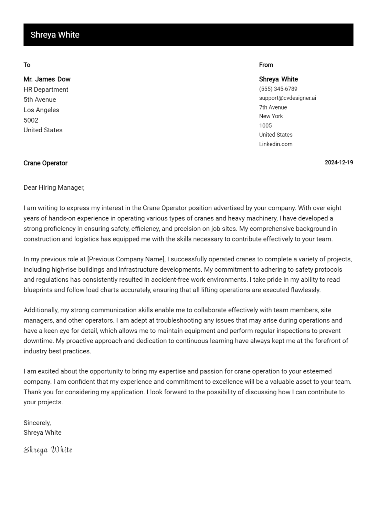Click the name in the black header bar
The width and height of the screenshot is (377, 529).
coord(55,35)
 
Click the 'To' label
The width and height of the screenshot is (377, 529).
coord(27,65)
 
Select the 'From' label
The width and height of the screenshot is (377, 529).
coord(266,65)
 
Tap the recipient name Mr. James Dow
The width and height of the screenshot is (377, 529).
coord(47,79)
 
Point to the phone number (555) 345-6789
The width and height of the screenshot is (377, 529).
coord(278,89)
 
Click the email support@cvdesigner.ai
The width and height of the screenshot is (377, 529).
coord(287,98)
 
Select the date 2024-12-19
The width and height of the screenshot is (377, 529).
coord(339,163)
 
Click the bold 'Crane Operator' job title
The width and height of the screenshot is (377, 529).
coord(45,163)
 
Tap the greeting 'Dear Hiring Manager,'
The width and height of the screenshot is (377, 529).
coord(54,187)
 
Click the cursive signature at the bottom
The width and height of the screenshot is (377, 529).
coord(48,450)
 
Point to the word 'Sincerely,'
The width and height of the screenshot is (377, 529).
coord(37,423)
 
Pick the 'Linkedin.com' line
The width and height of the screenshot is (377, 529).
coord(275,144)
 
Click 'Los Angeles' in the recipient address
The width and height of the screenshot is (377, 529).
coord(41,110)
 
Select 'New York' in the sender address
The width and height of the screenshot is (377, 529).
coord(271,116)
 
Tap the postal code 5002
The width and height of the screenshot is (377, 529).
coord(31,120)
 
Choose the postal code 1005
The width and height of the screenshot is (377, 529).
coord(265,125)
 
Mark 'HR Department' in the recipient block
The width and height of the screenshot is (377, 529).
coord(46,90)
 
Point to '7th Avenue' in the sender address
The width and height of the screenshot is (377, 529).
coord(273,107)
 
